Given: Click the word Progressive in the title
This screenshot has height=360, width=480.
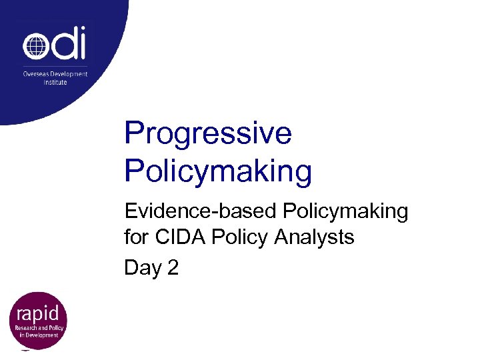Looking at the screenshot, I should [x=208, y=133].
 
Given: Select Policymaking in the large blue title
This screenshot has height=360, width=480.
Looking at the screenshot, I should [x=218, y=171].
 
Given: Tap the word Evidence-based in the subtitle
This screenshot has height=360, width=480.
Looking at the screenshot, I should [x=201, y=211].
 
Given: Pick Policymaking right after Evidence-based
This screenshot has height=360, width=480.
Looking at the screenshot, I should [x=345, y=211].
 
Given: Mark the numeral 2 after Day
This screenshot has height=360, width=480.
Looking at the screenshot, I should [x=173, y=267].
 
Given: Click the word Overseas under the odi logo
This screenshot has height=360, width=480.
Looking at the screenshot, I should [x=35, y=74].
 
